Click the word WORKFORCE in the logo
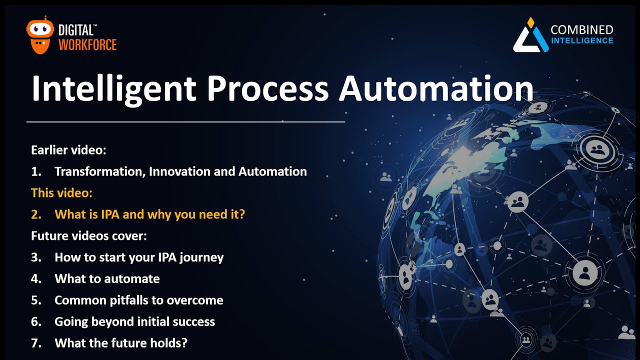point(87,45)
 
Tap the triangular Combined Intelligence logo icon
point(530,36)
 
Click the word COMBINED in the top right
point(581,29)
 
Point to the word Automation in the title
point(435,88)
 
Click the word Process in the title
point(267,88)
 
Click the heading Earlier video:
point(68,150)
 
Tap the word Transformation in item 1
point(99,171)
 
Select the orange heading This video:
point(61,193)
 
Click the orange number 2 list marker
point(35,214)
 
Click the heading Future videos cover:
point(88,236)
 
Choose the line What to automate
point(107,279)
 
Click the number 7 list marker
point(35,343)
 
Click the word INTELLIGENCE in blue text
point(581,40)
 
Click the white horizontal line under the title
point(185,121)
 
